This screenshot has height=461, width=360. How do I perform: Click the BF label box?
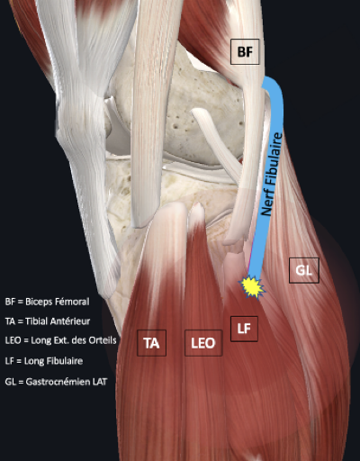(x=245, y=51)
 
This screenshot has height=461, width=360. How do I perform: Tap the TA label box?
(x=151, y=343)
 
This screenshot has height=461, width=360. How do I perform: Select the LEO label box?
(x=203, y=343)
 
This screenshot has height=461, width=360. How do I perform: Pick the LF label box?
(x=244, y=329)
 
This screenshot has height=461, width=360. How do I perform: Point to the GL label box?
(x=304, y=270)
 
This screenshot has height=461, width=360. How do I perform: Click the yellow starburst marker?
(x=251, y=287)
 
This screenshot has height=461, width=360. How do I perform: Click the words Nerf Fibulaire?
(x=272, y=174)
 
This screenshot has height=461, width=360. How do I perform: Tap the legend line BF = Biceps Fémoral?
(x=47, y=302)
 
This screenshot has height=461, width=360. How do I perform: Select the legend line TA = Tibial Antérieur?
(x=48, y=321)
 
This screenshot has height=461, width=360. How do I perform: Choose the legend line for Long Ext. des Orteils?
(x=60, y=340)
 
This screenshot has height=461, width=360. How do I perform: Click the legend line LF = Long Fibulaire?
(x=44, y=361)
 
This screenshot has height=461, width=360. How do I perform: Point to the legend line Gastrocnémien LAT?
(x=56, y=382)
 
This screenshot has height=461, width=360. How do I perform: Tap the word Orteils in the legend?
(x=103, y=340)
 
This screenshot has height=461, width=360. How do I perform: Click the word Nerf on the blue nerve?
(x=267, y=204)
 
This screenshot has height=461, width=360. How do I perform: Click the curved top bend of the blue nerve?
(x=275, y=86)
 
